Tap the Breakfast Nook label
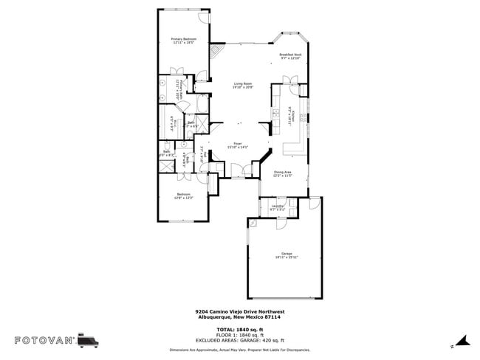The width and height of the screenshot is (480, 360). click(x=289, y=55)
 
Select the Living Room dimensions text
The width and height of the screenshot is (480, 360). click(x=244, y=88)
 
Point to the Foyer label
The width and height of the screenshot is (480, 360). click(x=238, y=143)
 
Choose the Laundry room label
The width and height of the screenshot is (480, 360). click(x=278, y=206)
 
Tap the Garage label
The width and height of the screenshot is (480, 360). click(x=287, y=253)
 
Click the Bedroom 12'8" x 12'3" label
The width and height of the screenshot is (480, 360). click(x=184, y=195)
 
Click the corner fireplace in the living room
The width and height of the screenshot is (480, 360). click(x=216, y=52)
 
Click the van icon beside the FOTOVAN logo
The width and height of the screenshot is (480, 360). click(x=89, y=339)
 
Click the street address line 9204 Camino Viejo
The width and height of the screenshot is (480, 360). click(x=240, y=311)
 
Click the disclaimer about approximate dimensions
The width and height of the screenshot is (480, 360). click(x=240, y=350)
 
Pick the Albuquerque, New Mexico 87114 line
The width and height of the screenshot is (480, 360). click(x=240, y=316)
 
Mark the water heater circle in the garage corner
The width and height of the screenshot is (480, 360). click(x=253, y=223)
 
